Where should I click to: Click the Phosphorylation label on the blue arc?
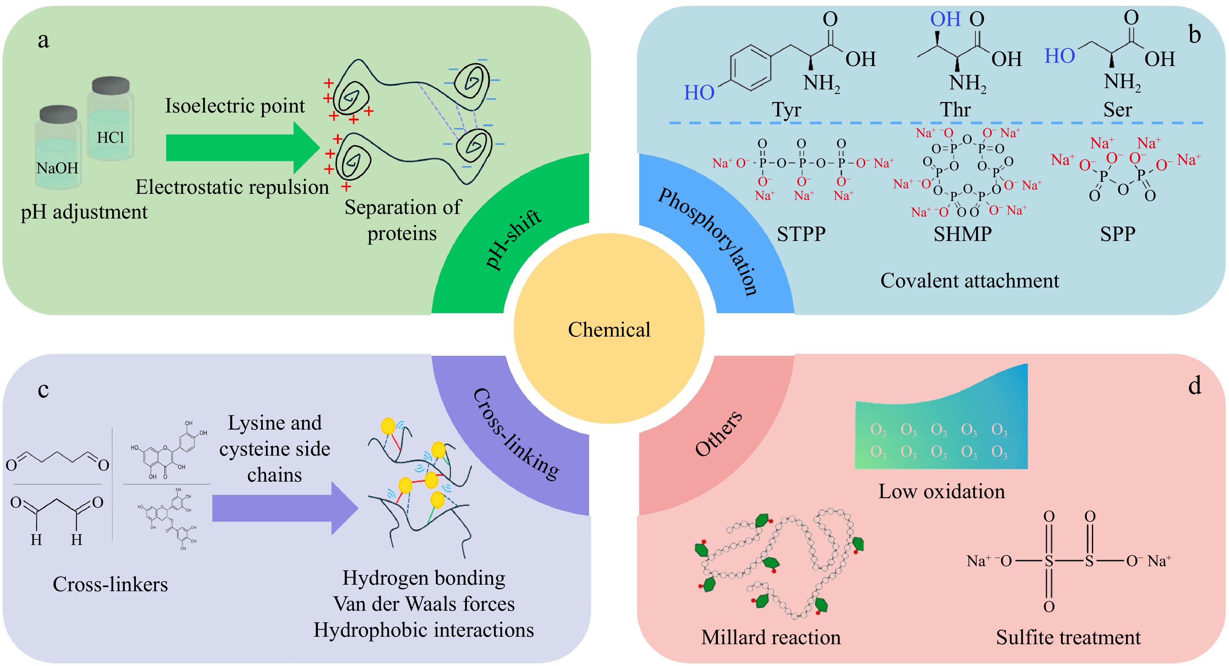(x=708, y=241)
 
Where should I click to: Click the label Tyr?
(x=786, y=110)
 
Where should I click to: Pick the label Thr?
(x=955, y=110)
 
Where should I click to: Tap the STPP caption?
(x=801, y=234)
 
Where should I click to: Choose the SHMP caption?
(x=962, y=234)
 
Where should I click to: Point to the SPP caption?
(x=1117, y=234)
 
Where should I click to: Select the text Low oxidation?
(x=941, y=491)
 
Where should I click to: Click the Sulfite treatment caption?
(x=1068, y=637)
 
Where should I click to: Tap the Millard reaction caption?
(x=771, y=637)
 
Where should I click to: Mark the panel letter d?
(x=1195, y=385)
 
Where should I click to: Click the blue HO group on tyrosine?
(x=699, y=93)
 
